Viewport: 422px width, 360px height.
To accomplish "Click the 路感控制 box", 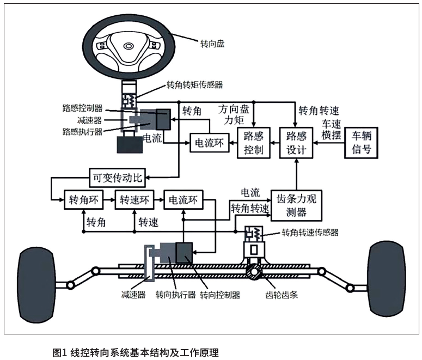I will pyautogui.click(x=254, y=143).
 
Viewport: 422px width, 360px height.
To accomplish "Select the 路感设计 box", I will pyautogui.click(x=297, y=143).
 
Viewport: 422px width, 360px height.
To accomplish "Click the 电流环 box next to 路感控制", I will pyautogui.click(x=207, y=143).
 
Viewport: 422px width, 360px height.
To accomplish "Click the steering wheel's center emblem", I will pyautogui.click(x=129, y=46).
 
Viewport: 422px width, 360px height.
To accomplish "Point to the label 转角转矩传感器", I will pyautogui.click(x=194, y=86).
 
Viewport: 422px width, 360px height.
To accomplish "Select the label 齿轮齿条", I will pyautogui.click(x=283, y=296).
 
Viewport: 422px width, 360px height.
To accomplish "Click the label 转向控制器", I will pyautogui.click(x=220, y=296).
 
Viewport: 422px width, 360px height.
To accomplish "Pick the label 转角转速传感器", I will pyautogui.click(x=310, y=233).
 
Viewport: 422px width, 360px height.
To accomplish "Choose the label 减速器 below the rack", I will pyautogui.click(x=133, y=296).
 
